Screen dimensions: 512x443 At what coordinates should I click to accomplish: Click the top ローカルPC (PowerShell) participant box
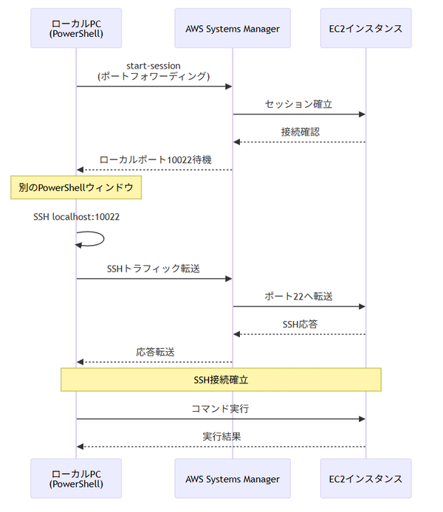click(x=76, y=28)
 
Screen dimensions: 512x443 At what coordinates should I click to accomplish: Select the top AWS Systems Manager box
click(x=233, y=28)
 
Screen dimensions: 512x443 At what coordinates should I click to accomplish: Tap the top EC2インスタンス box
click(x=365, y=28)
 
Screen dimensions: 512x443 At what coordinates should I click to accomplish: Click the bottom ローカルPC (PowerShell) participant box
click(x=76, y=479)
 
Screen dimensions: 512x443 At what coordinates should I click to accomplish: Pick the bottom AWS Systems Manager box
click(x=233, y=479)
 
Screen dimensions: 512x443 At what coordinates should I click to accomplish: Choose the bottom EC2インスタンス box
click(x=365, y=479)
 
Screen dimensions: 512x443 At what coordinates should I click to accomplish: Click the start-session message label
click(x=154, y=71)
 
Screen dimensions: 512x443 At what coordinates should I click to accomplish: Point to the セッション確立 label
click(x=299, y=104)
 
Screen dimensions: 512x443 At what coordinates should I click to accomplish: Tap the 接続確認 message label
click(x=300, y=131)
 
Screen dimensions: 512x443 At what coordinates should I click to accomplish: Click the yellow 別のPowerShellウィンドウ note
click(x=76, y=188)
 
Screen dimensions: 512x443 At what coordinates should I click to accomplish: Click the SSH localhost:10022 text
click(x=76, y=217)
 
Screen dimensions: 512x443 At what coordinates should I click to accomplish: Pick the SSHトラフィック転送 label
click(x=154, y=269)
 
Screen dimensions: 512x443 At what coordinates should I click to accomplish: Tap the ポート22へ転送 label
click(x=299, y=297)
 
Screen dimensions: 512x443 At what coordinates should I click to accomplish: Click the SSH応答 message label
click(x=300, y=324)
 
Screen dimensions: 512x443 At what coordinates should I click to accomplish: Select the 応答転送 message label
click(x=154, y=352)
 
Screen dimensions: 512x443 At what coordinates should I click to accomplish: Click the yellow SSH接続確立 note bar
click(x=221, y=379)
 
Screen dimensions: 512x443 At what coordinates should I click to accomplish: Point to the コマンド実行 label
click(x=221, y=408)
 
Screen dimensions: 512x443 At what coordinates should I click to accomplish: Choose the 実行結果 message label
click(x=221, y=436)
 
